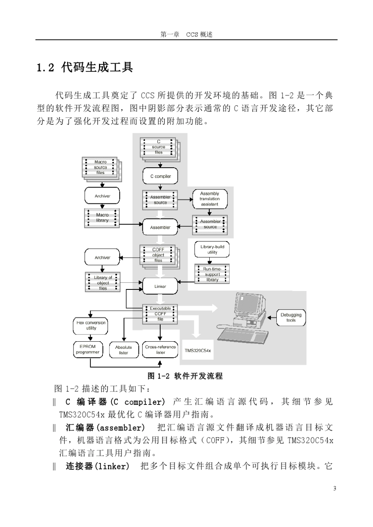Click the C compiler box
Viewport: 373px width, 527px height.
(160, 176)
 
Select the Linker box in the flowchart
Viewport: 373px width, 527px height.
(160, 286)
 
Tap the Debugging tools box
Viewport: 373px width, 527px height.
(291, 318)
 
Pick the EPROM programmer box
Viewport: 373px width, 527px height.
(88, 350)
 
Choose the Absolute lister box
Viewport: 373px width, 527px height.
(124, 350)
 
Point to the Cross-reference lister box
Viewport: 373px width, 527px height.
(160, 350)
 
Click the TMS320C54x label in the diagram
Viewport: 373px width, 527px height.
(197, 350)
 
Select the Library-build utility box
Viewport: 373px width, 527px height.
(212, 249)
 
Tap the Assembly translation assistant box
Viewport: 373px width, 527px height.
(210, 199)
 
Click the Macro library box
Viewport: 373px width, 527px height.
(102, 218)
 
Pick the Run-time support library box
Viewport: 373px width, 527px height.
(212, 274)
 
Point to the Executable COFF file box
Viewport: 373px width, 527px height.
(160, 314)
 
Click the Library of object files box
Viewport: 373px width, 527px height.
(103, 282)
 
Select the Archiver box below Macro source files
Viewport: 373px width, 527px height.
(102, 196)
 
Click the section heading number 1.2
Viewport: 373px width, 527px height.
(45, 68)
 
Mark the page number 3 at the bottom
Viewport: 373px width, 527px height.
(335, 489)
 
